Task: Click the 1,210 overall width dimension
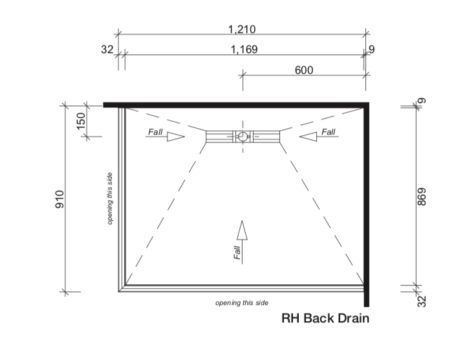tap(243, 29)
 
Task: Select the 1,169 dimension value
tap(244, 50)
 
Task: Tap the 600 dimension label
tap(304, 70)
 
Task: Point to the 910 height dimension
tap(60, 199)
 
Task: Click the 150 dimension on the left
tap(81, 120)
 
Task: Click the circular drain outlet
tap(243, 136)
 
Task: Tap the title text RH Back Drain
tap(325, 319)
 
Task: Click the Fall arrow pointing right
tap(175, 137)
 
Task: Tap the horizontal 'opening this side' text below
tap(242, 302)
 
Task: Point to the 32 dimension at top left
tap(107, 50)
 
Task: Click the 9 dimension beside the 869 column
tap(422, 100)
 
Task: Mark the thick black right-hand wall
tap(366, 201)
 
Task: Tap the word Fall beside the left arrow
tap(155, 132)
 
